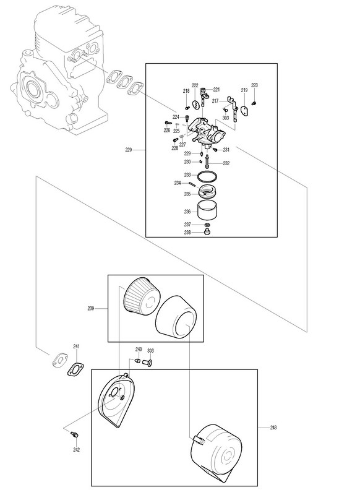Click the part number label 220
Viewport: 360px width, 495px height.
coord(129,150)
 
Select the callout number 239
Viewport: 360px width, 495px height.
coord(91,308)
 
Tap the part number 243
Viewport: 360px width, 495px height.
coord(273,428)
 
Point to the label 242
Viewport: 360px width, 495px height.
coord(76,450)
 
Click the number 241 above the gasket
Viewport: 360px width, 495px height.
coord(76,346)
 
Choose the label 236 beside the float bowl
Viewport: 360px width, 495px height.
coord(187,212)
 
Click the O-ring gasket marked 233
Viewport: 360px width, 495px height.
coord(207,177)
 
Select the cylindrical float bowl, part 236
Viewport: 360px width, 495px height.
coord(208,209)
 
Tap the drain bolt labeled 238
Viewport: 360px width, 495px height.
coord(207,233)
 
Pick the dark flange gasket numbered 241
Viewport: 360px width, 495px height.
coord(75,369)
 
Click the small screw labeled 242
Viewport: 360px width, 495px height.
coord(75,435)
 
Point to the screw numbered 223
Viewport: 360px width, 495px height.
coord(254,103)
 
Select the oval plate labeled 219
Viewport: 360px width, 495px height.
coord(244,110)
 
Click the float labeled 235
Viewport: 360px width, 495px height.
coord(207,192)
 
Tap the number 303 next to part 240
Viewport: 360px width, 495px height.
coord(150,351)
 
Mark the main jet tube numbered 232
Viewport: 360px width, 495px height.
coord(207,162)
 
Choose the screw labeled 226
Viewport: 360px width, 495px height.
coord(168,123)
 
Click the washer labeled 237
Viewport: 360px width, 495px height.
coord(207,225)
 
